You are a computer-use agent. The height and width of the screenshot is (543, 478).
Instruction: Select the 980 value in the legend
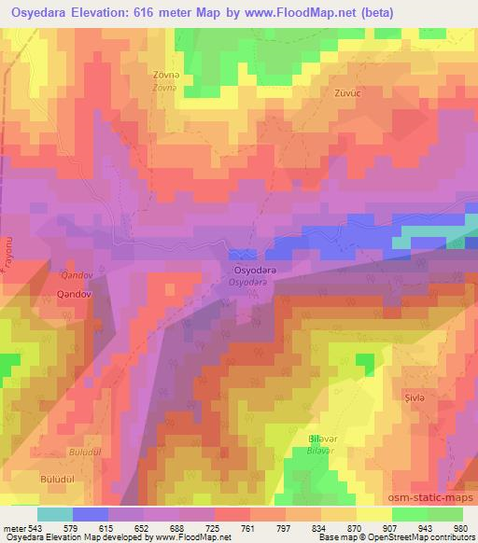tap(459, 527)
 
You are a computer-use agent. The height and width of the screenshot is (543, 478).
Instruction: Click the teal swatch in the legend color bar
tap(56, 514)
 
